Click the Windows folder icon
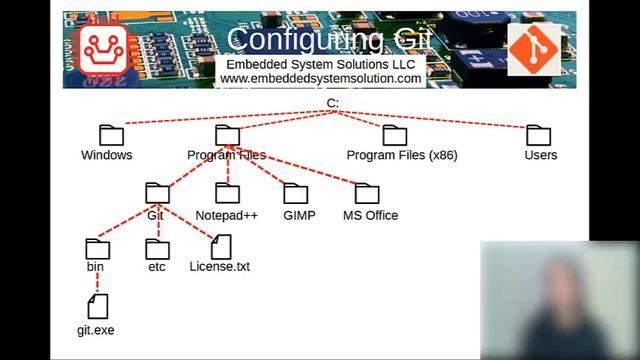(111, 135)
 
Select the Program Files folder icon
(227, 135)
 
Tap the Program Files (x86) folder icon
(395, 135)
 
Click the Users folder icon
(539, 135)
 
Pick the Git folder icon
(157, 193)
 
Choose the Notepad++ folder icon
(227, 193)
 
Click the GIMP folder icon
(295, 193)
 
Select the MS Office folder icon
(367, 193)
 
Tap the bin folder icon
(97, 248)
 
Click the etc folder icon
(157, 248)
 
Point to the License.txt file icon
(220, 246)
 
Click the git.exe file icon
(97, 305)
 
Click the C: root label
(333, 104)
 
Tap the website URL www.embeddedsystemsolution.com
(320, 78)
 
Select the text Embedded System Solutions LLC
(320, 64)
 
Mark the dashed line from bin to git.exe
(97, 281)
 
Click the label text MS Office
(370, 215)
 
